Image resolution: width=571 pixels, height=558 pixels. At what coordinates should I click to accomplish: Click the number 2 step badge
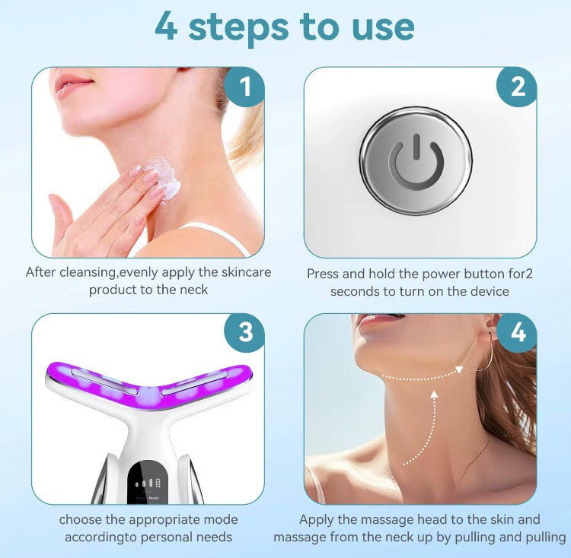coord(517,87)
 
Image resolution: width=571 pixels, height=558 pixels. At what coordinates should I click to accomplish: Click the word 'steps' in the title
coord(238,27)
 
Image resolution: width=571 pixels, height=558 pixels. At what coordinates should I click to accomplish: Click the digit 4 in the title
coord(167,27)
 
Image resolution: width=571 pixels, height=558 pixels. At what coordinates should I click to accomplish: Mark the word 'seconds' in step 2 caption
coord(355,291)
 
